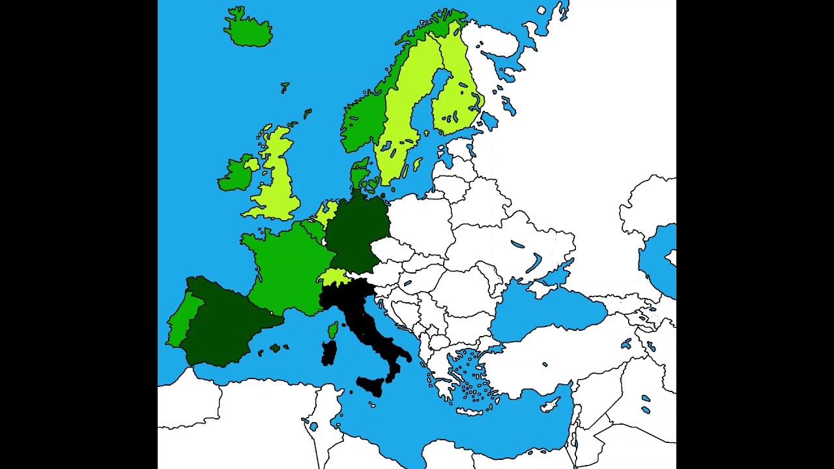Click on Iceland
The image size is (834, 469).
[x=248, y=29]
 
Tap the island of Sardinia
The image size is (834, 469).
[x=329, y=353]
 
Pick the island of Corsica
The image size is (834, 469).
[x=333, y=330]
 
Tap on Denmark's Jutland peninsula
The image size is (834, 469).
[x=358, y=174]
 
